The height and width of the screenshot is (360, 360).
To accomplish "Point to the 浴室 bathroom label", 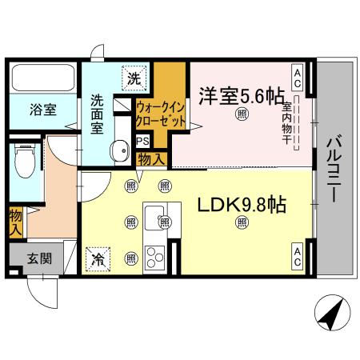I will coord(44,110).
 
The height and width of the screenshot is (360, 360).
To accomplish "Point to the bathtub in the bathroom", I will coord(44,79).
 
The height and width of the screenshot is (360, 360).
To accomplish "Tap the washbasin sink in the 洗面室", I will coord(121,149).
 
